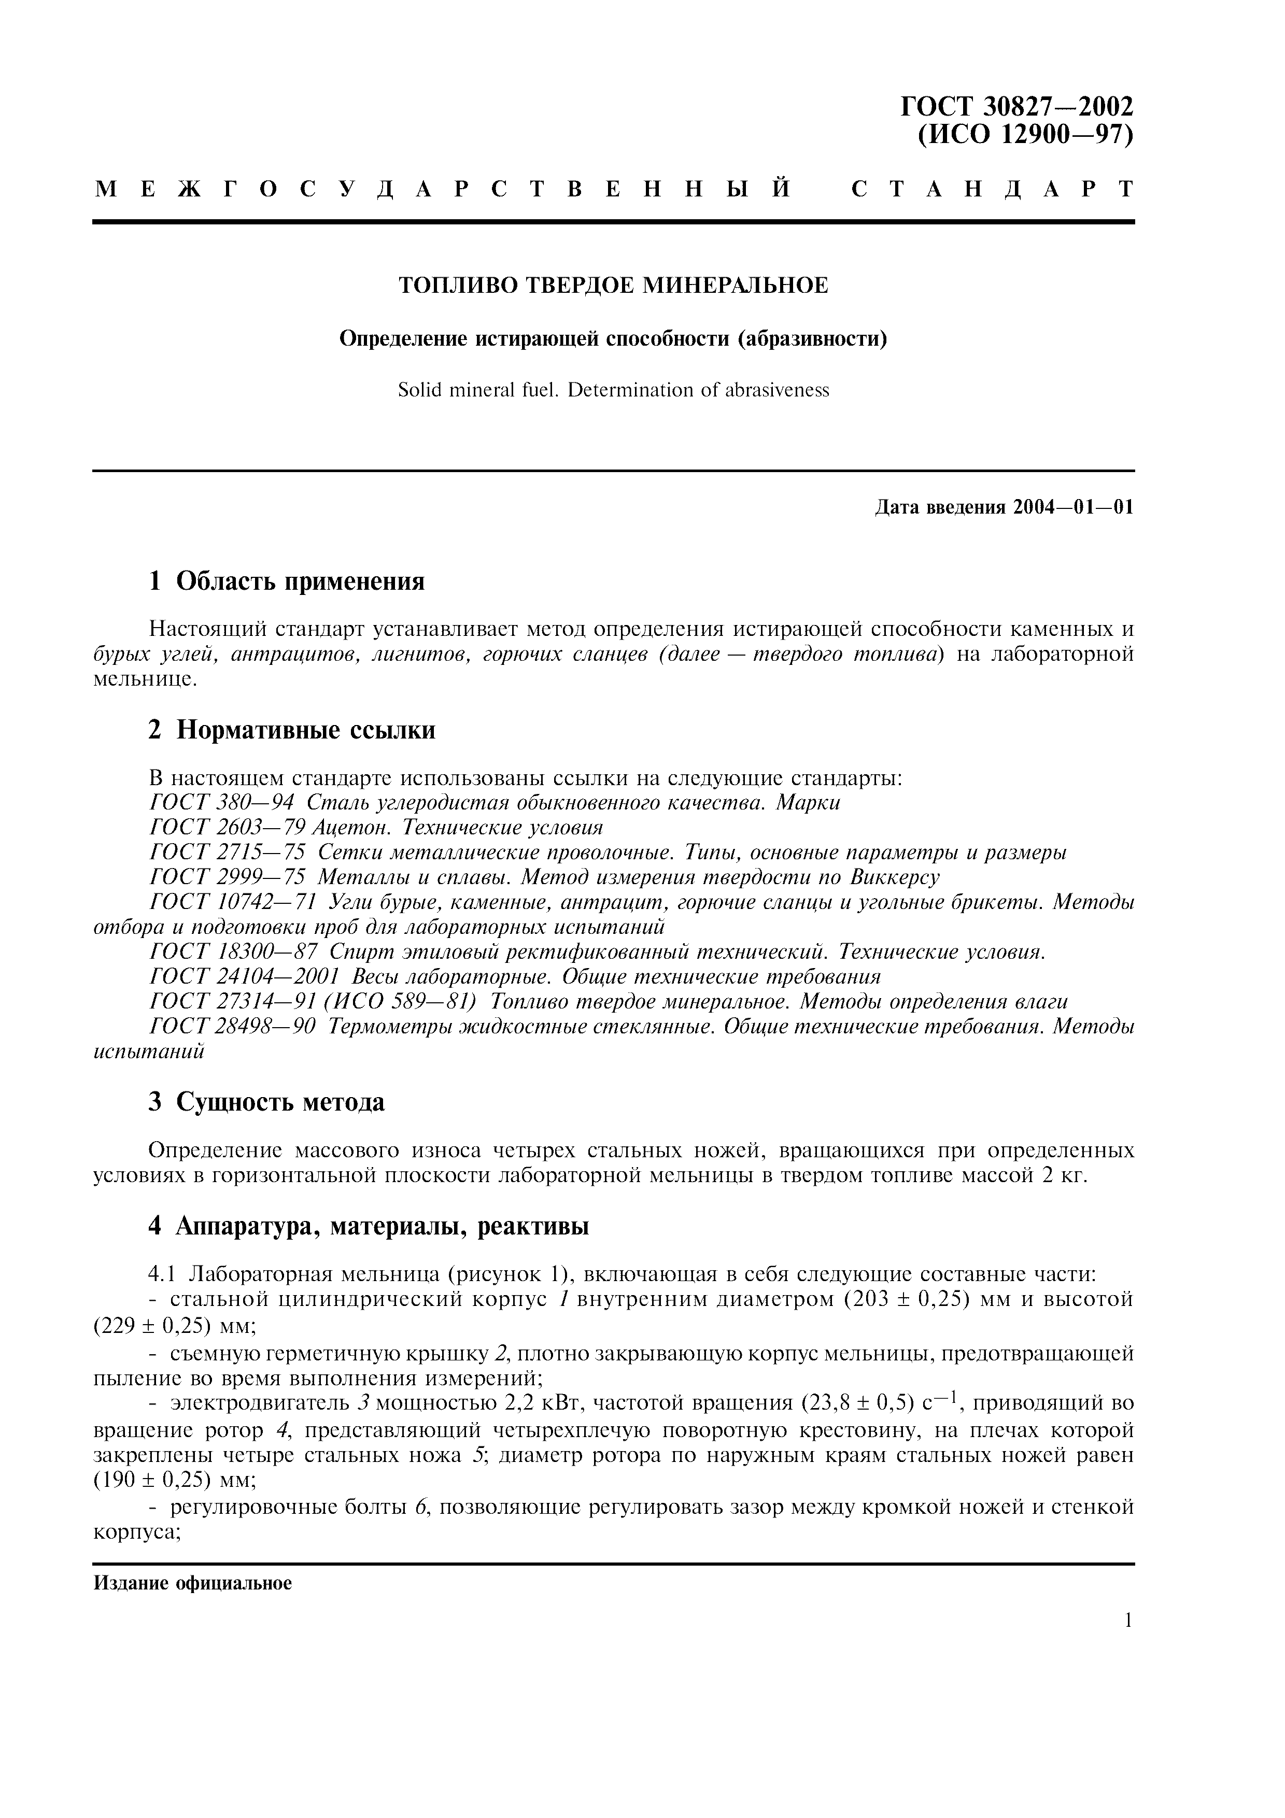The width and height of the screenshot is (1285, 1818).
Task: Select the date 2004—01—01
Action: pos(1072,507)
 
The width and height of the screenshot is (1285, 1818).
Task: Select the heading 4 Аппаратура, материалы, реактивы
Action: pos(369,1227)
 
